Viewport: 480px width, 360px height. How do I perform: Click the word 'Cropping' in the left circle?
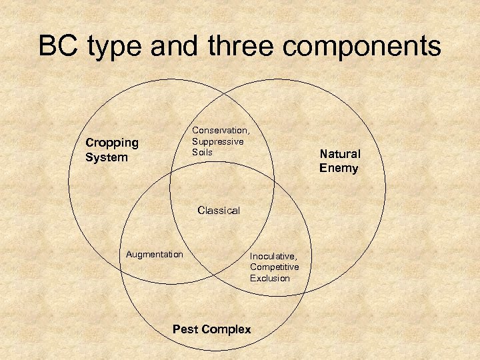pos(112,143)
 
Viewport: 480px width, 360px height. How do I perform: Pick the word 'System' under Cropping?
pos(106,158)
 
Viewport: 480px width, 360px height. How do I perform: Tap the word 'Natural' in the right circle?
pos(339,154)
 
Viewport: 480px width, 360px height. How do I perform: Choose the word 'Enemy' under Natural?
pos(339,168)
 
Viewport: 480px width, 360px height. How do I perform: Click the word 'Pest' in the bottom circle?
pos(186,329)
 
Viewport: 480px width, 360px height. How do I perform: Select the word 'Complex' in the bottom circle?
pos(227,329)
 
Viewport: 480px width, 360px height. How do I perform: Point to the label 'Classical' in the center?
pos(219,211)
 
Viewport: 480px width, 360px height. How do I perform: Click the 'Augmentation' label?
pos(154,254)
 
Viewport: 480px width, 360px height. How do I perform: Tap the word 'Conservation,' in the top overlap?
pos(221,131)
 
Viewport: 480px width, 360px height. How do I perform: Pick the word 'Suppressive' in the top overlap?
pos(218,141)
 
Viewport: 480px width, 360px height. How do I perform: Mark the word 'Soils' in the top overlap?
pos(202,152)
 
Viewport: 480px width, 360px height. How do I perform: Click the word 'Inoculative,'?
pos(273,256)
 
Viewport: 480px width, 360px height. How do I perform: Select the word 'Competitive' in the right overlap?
pos(275,267)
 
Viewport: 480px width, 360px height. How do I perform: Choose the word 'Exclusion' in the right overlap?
pos(270,278)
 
